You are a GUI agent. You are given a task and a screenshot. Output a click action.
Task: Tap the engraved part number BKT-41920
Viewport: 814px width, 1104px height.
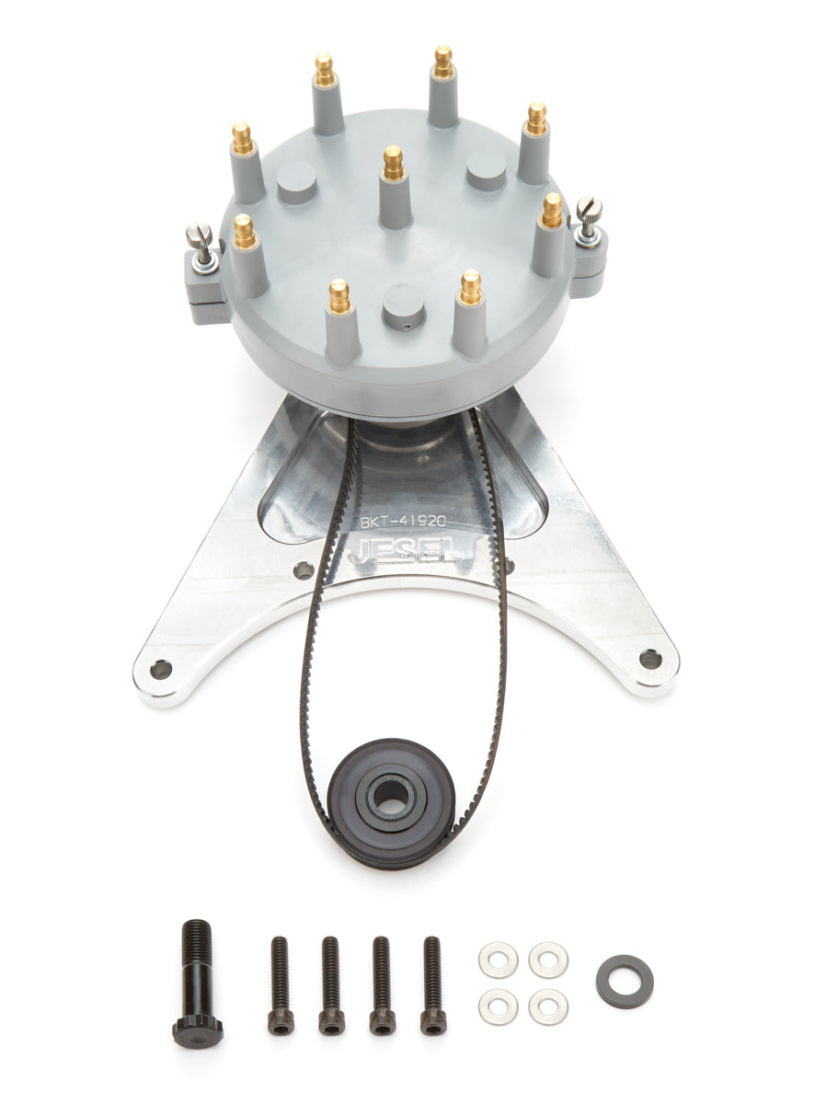[x=403, y=521]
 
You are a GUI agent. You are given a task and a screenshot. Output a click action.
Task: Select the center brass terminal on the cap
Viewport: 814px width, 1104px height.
[x=394, y=164]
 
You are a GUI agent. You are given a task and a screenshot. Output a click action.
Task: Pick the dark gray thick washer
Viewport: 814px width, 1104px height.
[x=625, y=982]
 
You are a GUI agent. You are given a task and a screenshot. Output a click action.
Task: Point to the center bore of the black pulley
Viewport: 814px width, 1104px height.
[x=393, y=797]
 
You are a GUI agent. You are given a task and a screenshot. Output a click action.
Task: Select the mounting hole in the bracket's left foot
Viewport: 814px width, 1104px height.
[x=162, y=669]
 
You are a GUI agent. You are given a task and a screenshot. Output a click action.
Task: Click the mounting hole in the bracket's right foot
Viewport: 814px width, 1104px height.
[x=650, y=659]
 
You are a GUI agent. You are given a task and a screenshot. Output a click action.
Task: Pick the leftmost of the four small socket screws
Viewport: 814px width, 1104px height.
[x=281, y=984]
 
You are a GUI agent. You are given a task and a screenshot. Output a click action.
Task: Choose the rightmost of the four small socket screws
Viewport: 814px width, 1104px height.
[x=432, y=984]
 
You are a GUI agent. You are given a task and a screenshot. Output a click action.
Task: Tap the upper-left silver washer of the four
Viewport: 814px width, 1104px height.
[x=498, y=960]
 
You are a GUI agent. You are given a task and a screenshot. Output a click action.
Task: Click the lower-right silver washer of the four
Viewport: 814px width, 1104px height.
[x=548, y=1006]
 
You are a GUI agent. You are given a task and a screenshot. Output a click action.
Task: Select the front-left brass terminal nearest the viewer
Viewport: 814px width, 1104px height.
[x=339, y=296]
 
